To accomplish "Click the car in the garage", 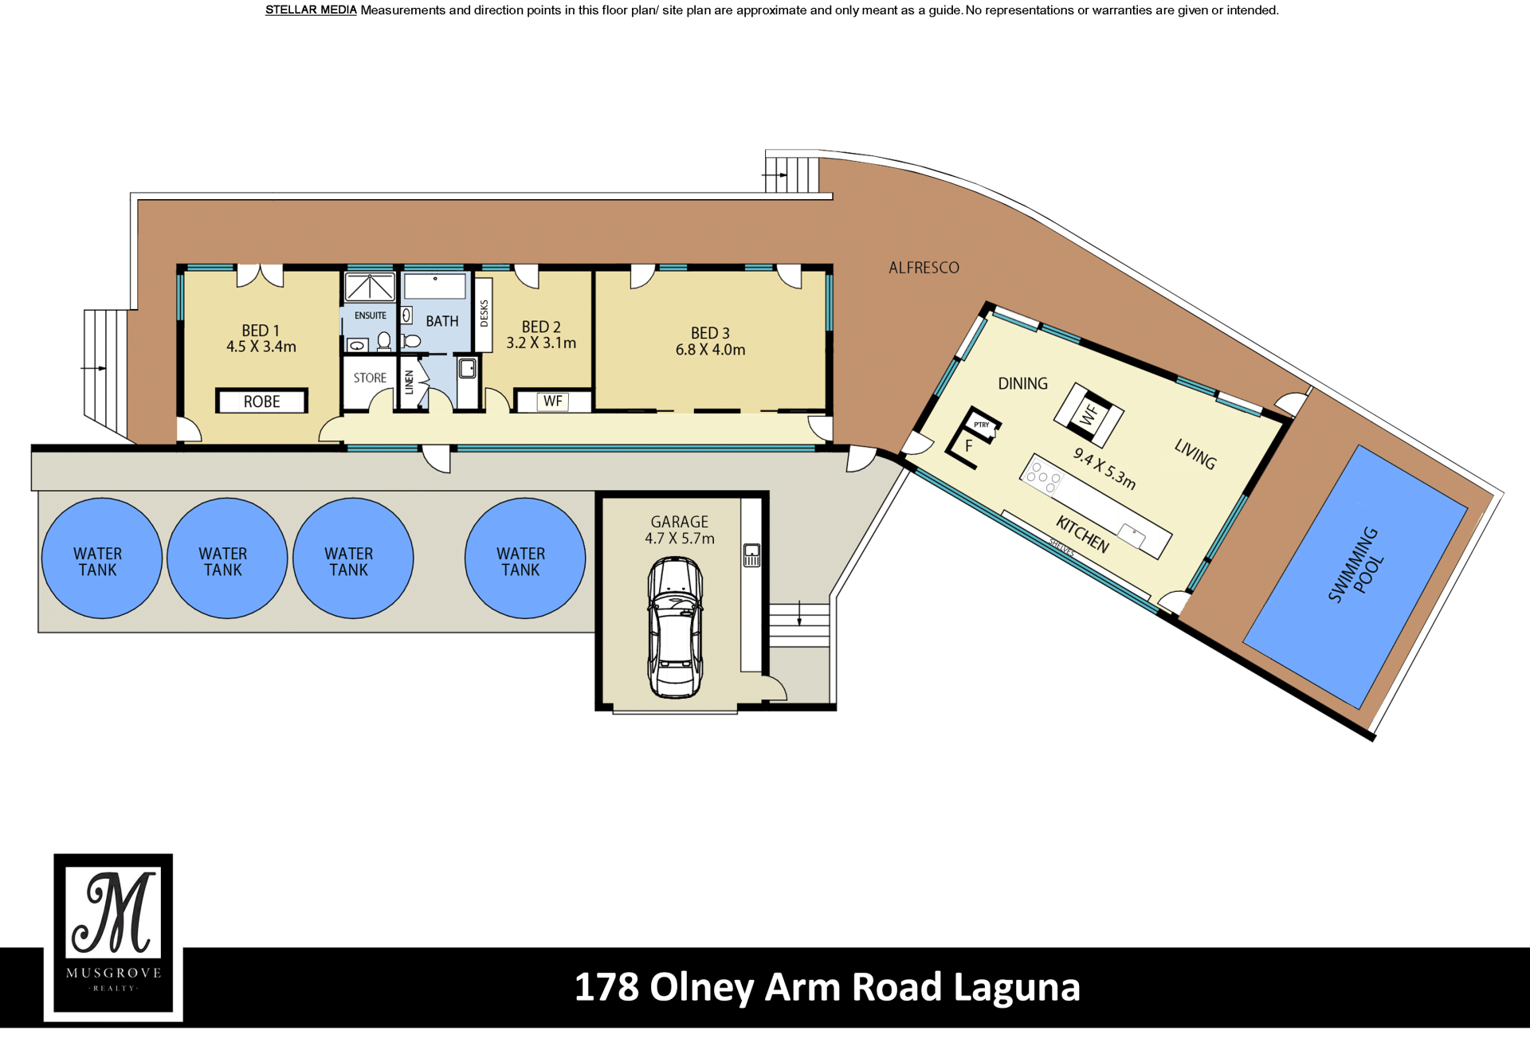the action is pos(675,627).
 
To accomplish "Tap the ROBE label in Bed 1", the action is pos(261,402).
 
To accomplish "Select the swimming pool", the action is pos(1355,577).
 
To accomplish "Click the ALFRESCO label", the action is pos(924,268).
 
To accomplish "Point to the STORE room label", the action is pos(370,378).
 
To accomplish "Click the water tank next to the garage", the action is pos(525,558).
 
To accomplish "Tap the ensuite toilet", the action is pos(384,341).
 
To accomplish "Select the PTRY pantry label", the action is pos(982,425).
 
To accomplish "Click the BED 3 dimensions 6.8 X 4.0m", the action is pos(710,350).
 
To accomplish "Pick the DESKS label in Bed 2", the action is pos(484,314).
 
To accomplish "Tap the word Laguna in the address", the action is pos(1016,987).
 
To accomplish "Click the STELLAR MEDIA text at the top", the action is pos(311,10).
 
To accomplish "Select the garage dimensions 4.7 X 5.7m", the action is pos(679,539).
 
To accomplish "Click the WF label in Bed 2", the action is pos(553,402).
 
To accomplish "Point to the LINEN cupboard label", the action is pos(409,382).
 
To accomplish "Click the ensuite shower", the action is pos(370,287).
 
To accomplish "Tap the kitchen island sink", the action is pos(1132,535).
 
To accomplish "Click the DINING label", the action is pos(1022,384).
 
